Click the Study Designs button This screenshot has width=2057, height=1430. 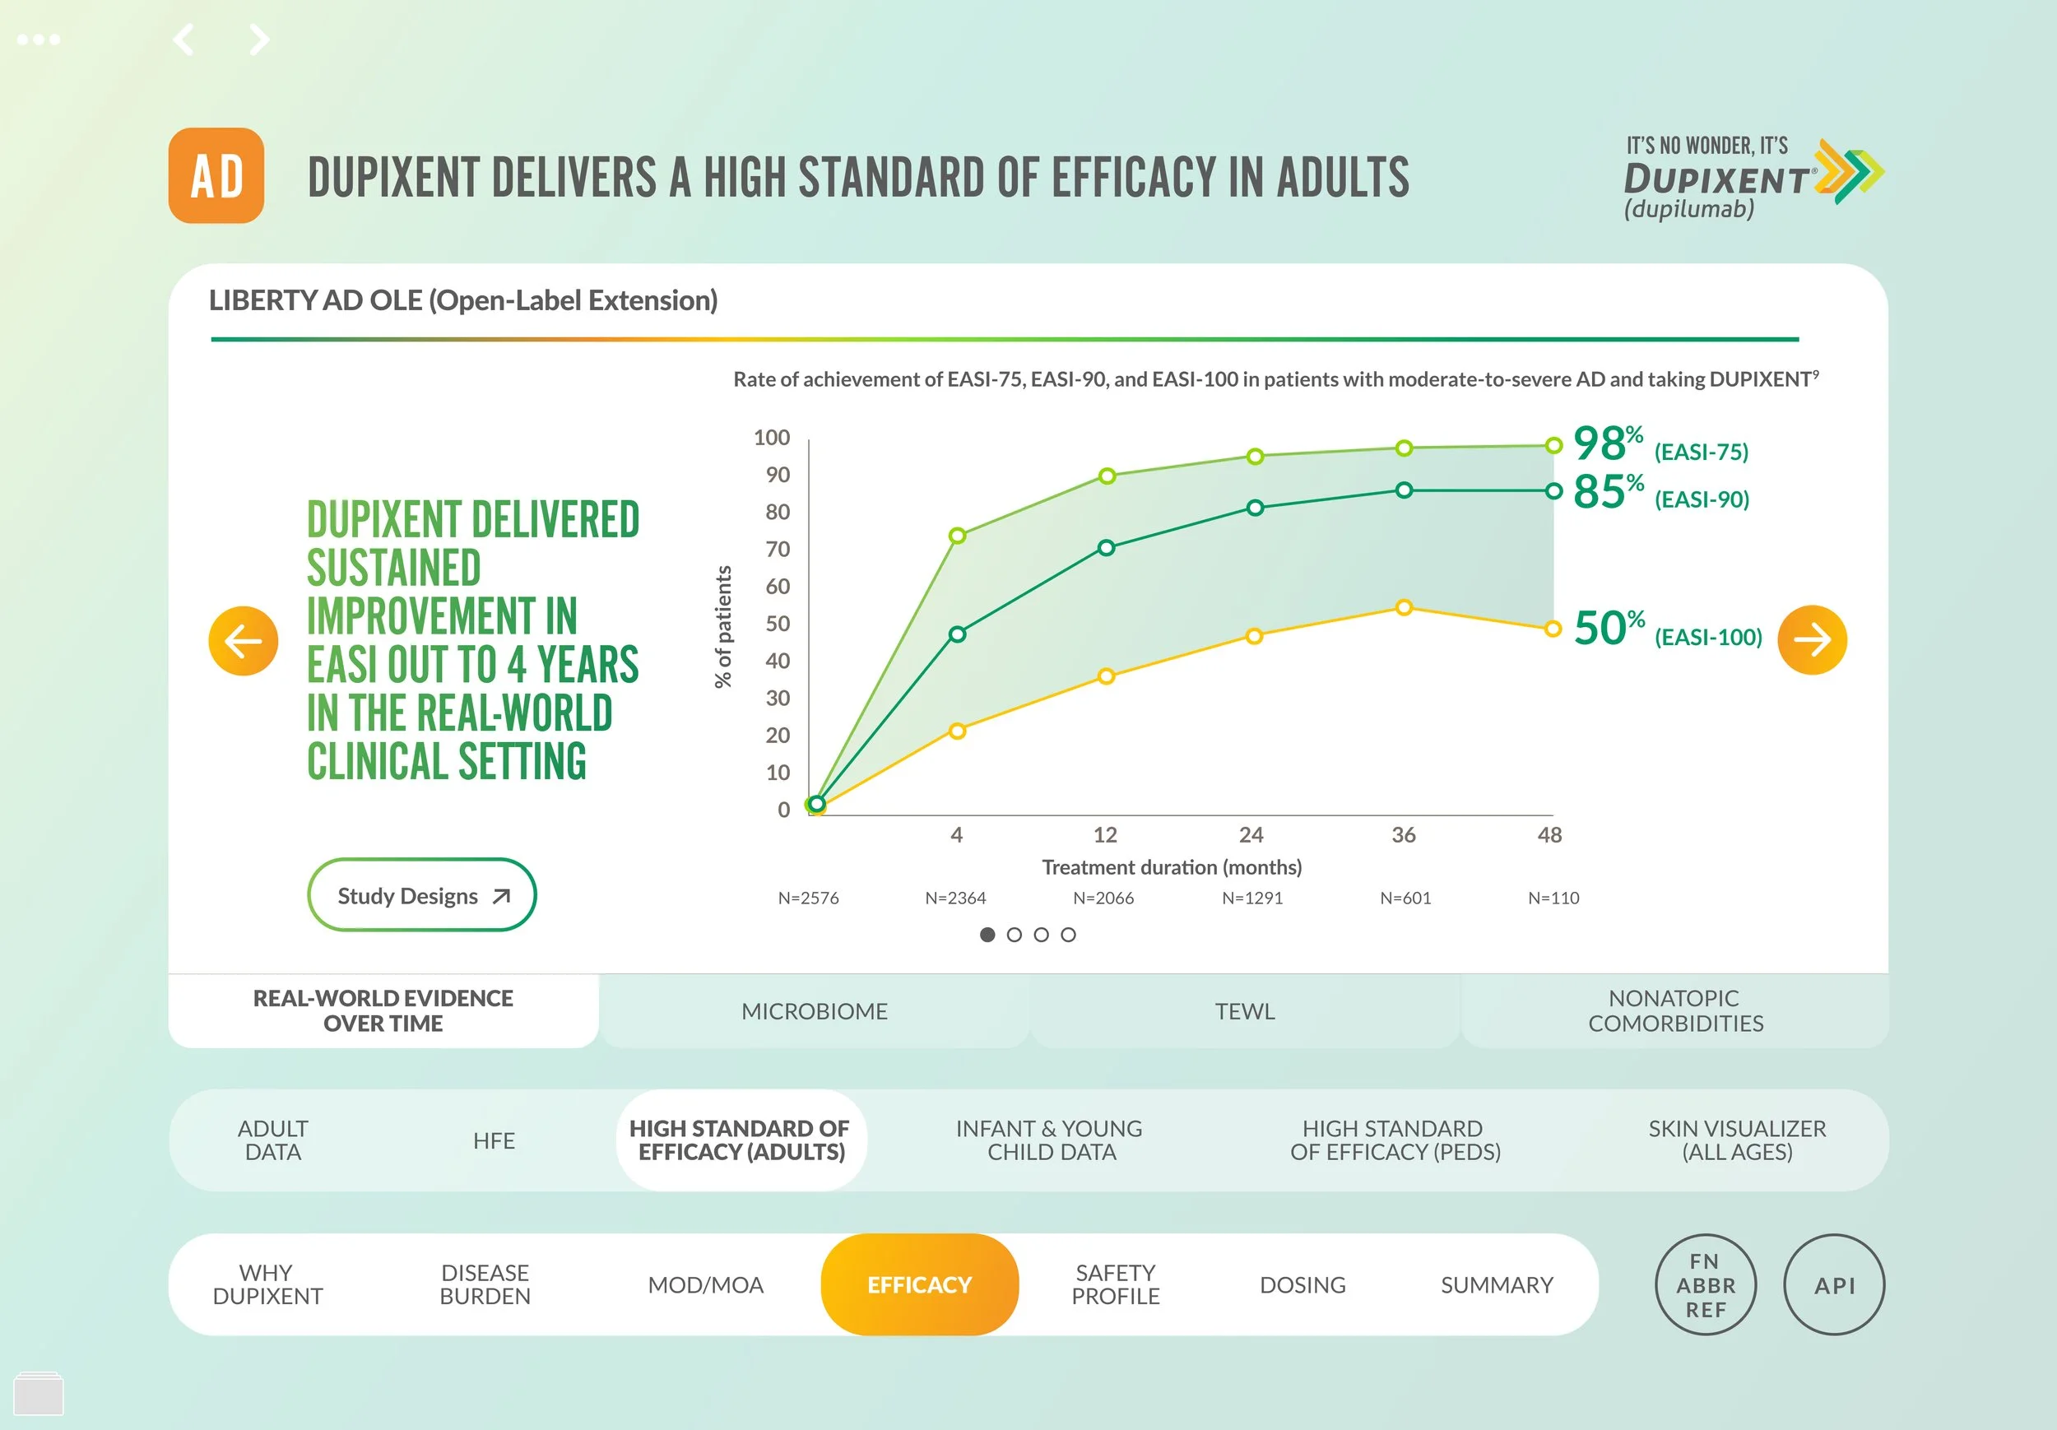422,895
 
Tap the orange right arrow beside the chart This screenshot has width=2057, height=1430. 1812,640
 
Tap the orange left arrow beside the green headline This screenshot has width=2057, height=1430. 243,641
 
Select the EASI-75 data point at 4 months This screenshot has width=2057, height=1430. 957,536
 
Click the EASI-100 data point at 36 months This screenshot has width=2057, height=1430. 1404,607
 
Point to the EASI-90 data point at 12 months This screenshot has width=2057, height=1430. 1107,547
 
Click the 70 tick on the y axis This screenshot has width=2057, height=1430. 778,550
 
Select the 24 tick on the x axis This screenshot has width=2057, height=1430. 1251,835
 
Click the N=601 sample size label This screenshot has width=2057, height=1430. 1405,898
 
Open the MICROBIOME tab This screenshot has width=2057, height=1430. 815,1011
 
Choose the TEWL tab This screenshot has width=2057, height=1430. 1244,1011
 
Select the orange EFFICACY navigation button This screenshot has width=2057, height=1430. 919,1285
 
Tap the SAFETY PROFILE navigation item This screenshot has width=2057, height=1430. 1116,1285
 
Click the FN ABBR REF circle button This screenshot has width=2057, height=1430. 1706,1285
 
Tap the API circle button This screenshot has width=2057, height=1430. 1834,1285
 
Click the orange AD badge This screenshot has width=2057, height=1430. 216,175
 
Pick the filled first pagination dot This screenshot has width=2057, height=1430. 987,935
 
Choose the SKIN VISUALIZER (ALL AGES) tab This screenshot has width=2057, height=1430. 1736,1140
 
